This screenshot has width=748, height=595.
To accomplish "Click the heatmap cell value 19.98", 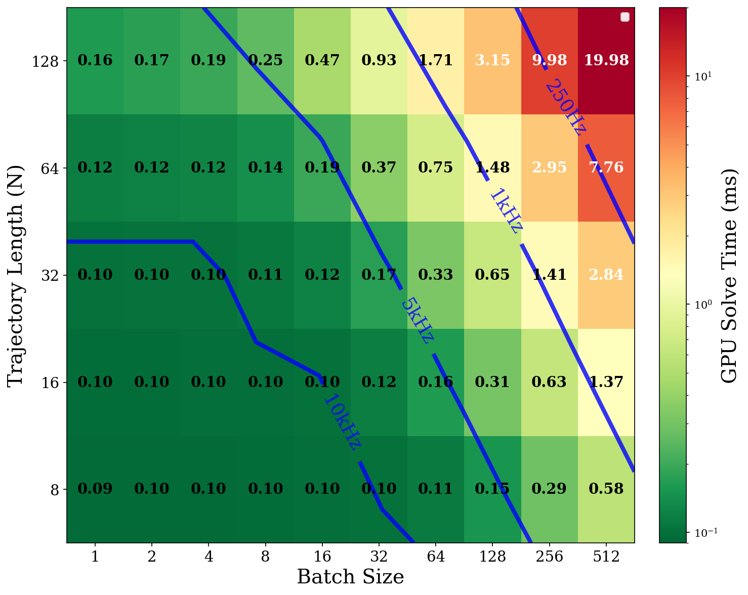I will (606, 60).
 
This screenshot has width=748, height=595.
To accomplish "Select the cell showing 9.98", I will (549, 60).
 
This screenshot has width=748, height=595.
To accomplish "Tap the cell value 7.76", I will (606, 167).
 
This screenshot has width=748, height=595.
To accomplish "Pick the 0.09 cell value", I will (95, 489).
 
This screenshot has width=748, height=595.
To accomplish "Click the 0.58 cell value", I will (606, 489).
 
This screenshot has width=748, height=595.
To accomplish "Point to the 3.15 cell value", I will (492, 60).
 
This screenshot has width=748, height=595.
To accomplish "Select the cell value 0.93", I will (379, 60).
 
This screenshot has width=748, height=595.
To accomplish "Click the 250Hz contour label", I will (566, 107).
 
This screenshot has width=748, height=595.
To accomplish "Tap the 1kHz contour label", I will (506, 211).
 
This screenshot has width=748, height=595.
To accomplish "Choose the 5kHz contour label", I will (417, 321).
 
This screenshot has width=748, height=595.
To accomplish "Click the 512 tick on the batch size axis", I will (606, 557).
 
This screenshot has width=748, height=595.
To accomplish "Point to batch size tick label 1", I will (95, 557).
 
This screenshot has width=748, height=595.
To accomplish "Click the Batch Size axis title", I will (350, 577).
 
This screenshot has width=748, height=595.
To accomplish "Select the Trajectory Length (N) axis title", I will (16, 275).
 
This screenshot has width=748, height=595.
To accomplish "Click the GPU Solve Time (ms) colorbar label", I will (729, 275).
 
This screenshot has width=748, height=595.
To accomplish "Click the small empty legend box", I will (625, 17).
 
